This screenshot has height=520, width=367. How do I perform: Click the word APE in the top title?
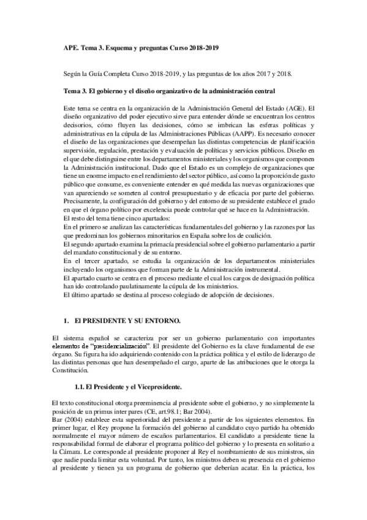[72, 47]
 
